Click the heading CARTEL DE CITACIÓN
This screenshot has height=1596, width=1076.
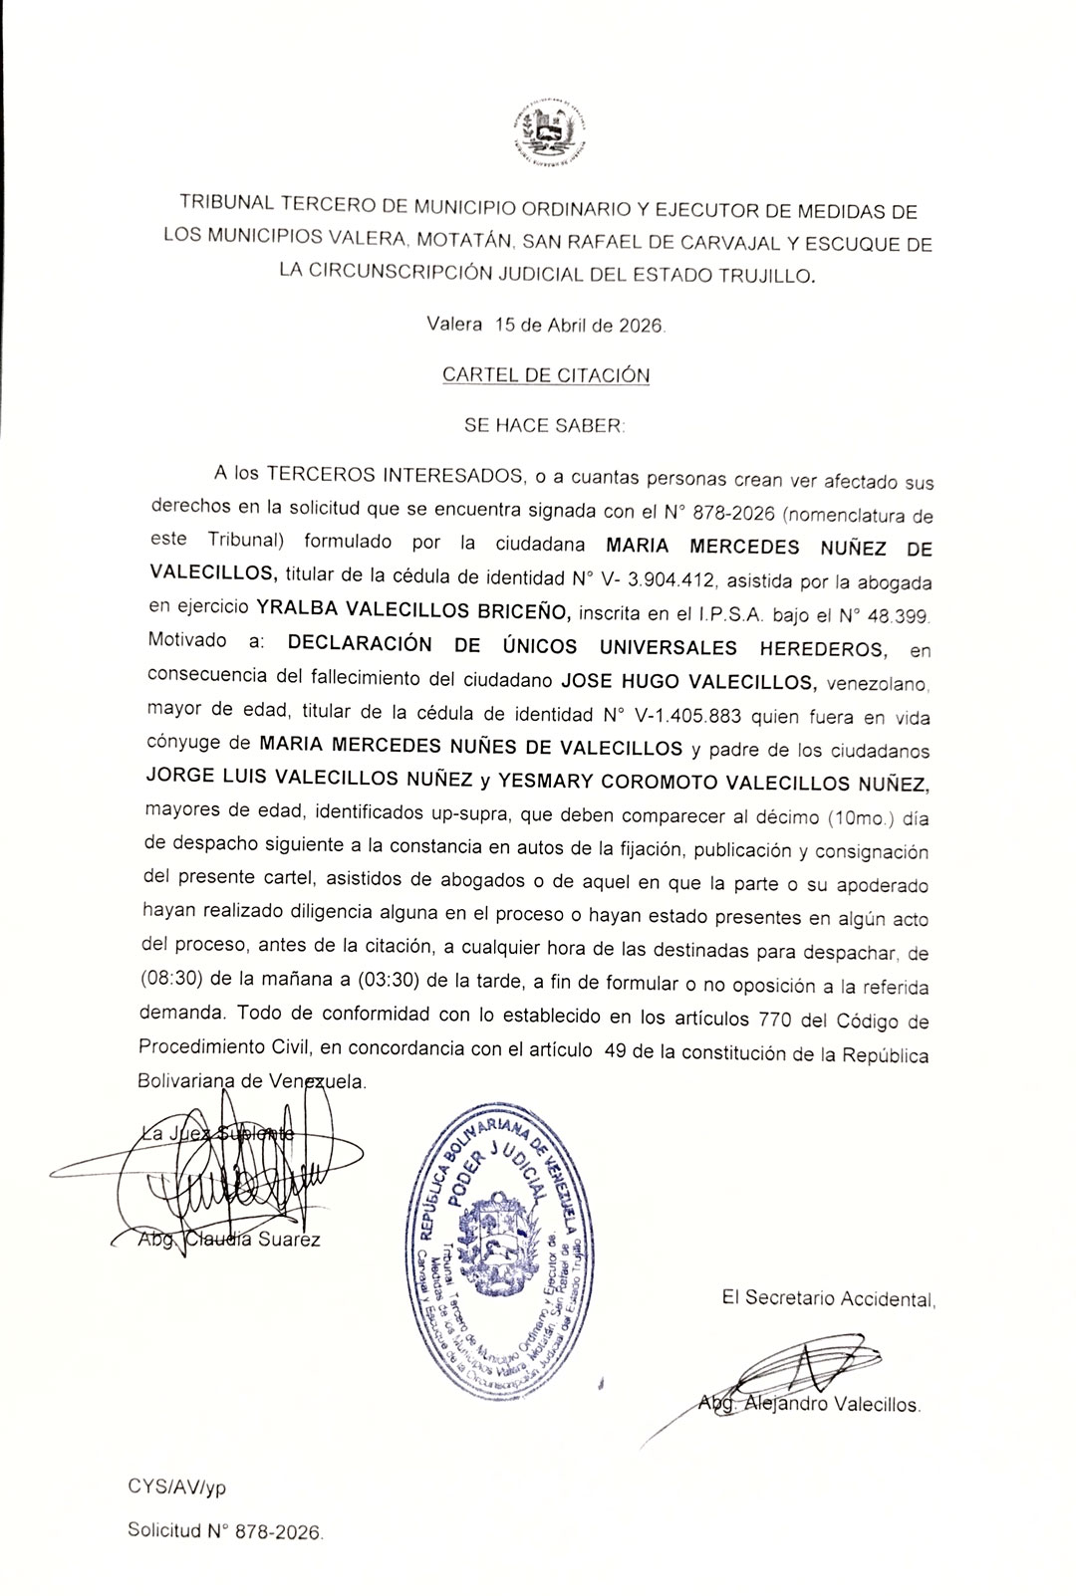546,375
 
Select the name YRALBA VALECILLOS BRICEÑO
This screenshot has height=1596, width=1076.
413,610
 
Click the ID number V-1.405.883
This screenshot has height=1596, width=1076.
673,716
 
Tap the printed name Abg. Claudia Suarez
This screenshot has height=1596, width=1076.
228,1240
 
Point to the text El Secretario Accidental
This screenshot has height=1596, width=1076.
829,1298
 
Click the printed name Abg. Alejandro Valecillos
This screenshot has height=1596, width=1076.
809,1405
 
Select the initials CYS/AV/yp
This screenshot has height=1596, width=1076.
176,1487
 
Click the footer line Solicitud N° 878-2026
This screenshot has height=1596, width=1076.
225,1531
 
